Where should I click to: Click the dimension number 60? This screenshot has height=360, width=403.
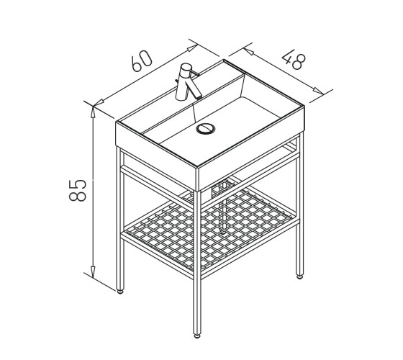[142, 60]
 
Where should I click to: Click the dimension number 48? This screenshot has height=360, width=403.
[294, 60]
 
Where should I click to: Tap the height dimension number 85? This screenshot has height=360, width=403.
[78, 190]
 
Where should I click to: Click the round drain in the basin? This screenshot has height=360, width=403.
[205, 129]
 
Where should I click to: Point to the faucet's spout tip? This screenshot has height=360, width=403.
[199, 97]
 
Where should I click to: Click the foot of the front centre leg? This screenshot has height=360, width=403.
[197, 336]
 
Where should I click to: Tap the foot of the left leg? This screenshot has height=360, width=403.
[120, 292]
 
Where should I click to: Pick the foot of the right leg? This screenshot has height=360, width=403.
[299, 277]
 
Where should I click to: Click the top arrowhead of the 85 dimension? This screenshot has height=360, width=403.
[93, 112]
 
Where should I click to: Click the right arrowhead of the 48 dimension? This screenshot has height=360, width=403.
[318, 91]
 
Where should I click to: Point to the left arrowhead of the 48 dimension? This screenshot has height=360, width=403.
[249, 51]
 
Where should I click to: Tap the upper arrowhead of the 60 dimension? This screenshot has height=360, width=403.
[193, 48]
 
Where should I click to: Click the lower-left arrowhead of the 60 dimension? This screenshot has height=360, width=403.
[99, 102]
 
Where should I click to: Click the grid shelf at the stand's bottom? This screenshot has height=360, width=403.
[209, 228]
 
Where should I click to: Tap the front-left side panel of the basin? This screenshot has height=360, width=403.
[157, 156]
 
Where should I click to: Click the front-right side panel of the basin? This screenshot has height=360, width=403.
[251, 148]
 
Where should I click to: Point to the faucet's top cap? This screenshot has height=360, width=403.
[186, 66]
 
